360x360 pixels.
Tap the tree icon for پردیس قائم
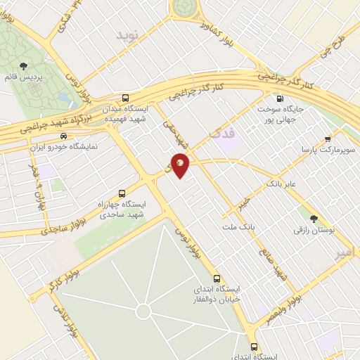pyautogui.click(x=25, y=65)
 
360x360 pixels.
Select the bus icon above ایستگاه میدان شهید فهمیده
pyautogui.click(x=125, y=98)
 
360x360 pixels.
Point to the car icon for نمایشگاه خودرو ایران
pyautogui.click(x=63, y=136)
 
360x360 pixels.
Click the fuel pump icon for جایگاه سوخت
pyautogui.click(x=281, y=98)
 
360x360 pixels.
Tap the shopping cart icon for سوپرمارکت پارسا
pyautogui.click(x=327, y=139)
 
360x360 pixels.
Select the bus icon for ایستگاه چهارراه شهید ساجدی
pyautogui.click(x=122, y=193)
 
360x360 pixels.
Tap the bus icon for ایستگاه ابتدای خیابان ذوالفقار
pyautogui.click(x=217, y=278)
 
